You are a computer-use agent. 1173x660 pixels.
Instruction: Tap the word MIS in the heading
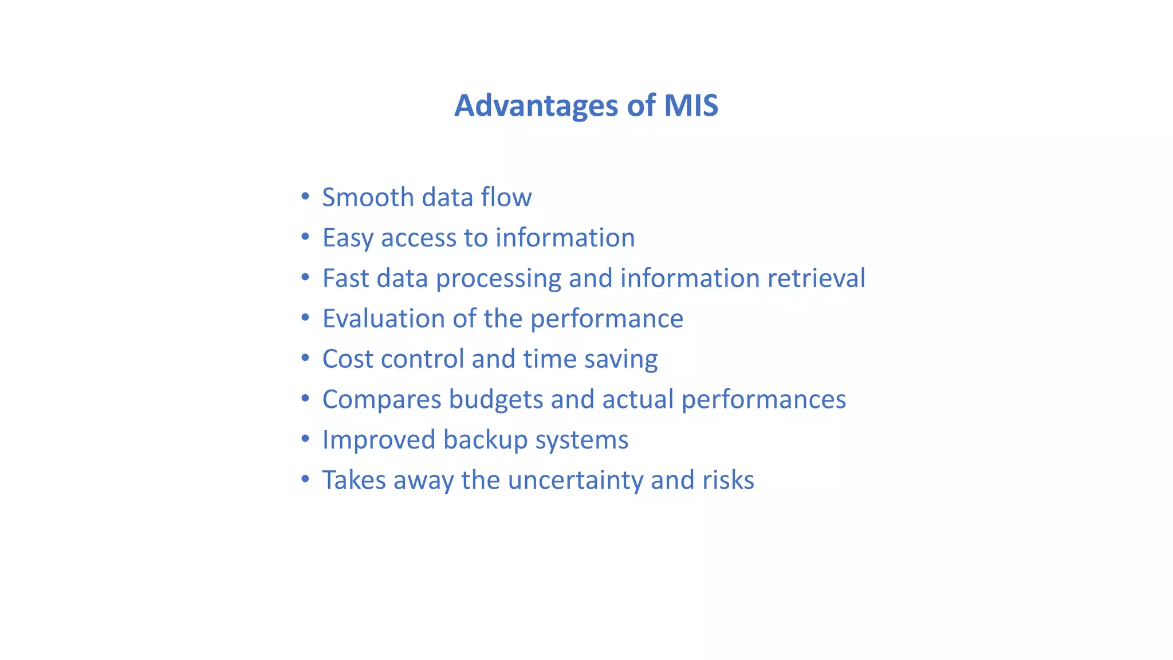(691, 106)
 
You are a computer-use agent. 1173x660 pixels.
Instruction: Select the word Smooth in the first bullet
(368, 198)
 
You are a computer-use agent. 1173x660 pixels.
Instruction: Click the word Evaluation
(383, 319)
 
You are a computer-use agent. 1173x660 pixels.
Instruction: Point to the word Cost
(347, 359)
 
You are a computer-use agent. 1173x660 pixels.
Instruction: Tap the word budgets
(496, 400)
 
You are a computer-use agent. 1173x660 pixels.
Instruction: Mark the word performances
(763, 400)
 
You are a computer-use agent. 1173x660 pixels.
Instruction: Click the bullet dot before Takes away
(305, 478)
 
